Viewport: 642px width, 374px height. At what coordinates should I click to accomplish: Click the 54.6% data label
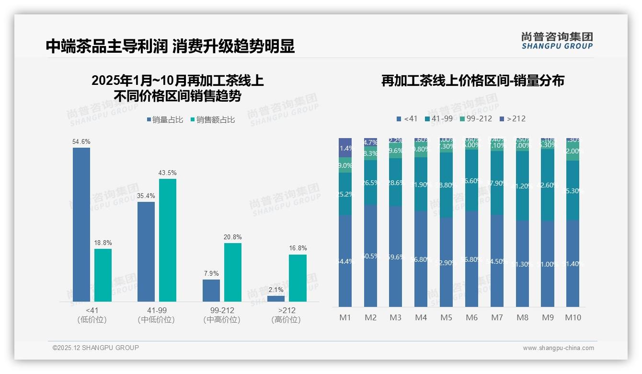[81, 142]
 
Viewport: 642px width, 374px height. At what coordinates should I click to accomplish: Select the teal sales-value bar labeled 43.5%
[168, 240]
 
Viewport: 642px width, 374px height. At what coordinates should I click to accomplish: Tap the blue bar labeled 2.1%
[275, 299]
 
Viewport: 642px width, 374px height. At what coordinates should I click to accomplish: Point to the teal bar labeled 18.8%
[103, 275]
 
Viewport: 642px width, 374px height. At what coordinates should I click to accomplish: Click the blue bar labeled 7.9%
[211, 291]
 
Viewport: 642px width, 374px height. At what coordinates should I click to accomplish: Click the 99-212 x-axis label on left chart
[222, 310]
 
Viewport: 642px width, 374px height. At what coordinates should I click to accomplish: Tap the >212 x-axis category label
[286, 310]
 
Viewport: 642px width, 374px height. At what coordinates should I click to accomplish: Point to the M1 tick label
[345, 317]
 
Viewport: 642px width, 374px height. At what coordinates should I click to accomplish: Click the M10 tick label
[573, 317]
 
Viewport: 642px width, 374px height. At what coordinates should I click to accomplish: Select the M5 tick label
[446, 317]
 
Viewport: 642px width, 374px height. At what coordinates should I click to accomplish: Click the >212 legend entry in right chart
[512, 118]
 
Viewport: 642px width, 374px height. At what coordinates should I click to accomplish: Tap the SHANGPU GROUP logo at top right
[557, 41]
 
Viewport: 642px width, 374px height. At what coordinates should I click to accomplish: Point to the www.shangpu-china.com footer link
[558, 348]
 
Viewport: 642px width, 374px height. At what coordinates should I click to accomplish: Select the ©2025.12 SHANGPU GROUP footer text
[96, 348]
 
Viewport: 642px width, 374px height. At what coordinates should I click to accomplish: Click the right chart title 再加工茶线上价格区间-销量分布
[472, 81]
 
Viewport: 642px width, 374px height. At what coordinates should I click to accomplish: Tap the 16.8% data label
[298, 248]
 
